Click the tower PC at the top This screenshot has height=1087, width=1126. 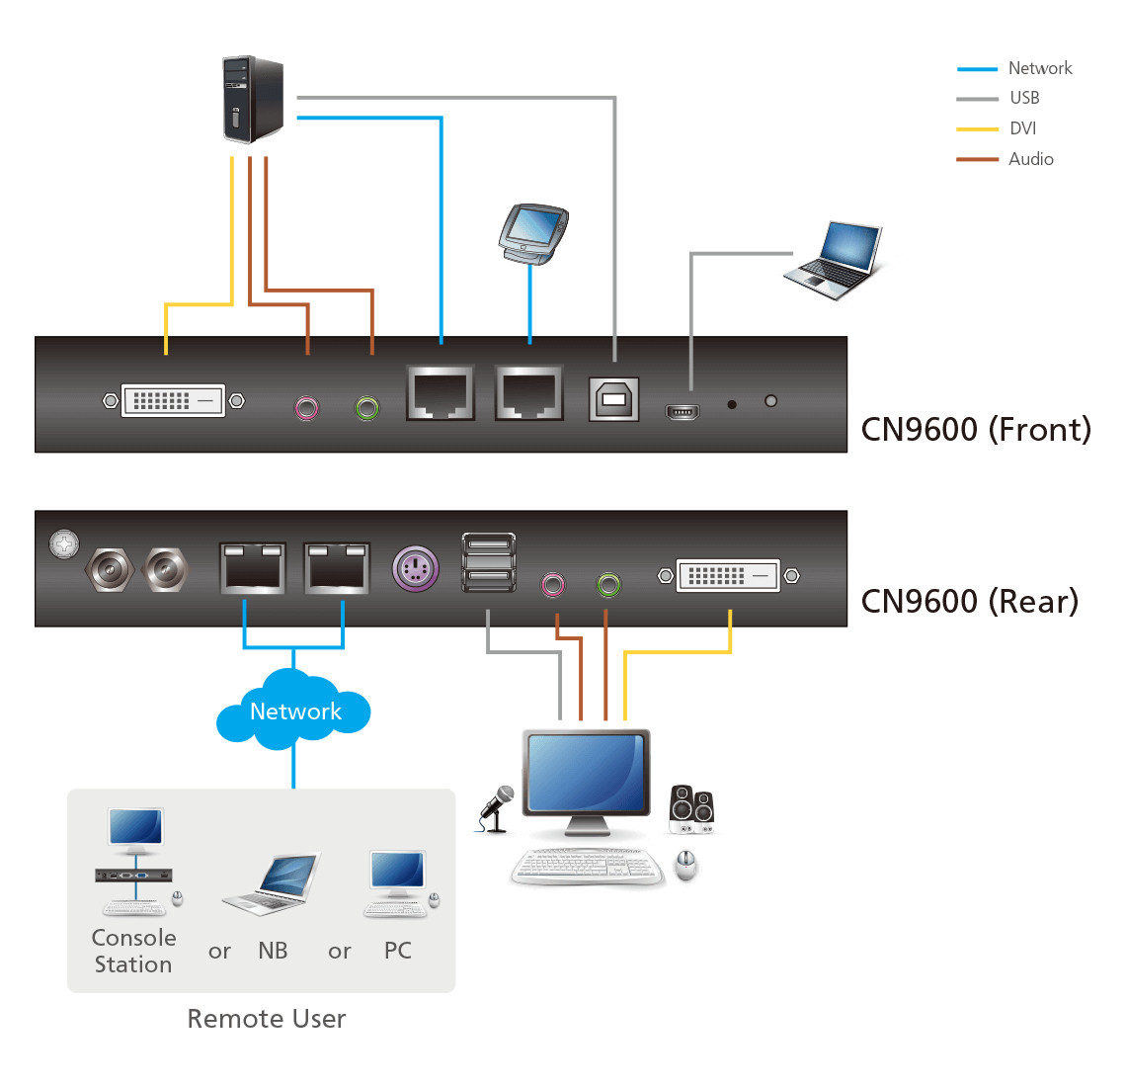pyautogui.click(x=254, y=99)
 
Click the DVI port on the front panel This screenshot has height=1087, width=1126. pyautogui.click(x=174, y=400)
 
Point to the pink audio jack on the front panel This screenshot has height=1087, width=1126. pyautogui.click(x=307, y=406)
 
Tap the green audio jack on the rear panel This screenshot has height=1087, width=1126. pyautogui.click(x=609, y=585)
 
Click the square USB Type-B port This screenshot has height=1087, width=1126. pyautogui.click(x=613, y=399)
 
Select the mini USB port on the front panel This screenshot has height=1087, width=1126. pyautogui.click(x=683, y=411)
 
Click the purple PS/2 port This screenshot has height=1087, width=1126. pyautogui.click(x=416, y=568)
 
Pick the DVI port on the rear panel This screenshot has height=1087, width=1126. pyautogui.click(x=728, y=575)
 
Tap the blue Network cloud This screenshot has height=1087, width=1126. pyautogui.click(x=294, y=711)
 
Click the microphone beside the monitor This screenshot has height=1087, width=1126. pyautogui.click(x=497, y=807)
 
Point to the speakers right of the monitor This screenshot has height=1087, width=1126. pyautogui.click(x=691, y=808)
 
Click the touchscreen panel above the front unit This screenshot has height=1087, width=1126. pyautogui.click(x=532, y=233)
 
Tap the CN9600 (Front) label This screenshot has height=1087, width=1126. pyautogui.click(x=976, y=429)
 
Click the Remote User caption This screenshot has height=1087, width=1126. pyautogui.click(x=267, y=1019)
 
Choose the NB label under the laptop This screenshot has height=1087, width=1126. pyautogui.click(x=273, y=951)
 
